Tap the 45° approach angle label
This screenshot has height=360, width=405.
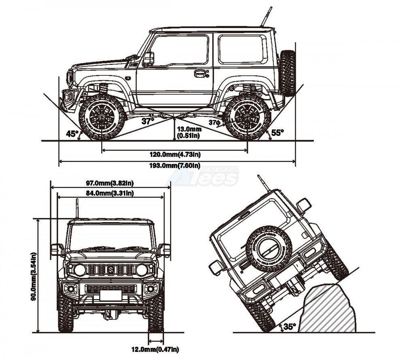tap(72, 133)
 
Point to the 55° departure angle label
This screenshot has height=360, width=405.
tap(278, 132)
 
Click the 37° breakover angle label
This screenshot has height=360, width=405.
tap(148, 121)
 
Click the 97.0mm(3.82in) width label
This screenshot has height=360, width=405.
tap(111, 184)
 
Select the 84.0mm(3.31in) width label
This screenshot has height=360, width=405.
tap(111, 193)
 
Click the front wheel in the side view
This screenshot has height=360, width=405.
tap(102, 117)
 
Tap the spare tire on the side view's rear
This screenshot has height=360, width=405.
tap(288, 73)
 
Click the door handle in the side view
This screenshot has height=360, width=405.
tap(200, 74)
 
